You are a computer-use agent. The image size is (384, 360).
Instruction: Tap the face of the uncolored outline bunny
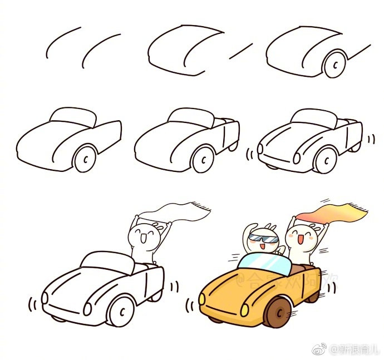point(146,236)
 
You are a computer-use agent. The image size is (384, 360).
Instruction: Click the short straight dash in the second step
point(240,51)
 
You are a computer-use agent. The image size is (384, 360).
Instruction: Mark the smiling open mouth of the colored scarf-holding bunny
point(299,240)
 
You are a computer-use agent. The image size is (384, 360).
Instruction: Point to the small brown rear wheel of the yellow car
point(312,294)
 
